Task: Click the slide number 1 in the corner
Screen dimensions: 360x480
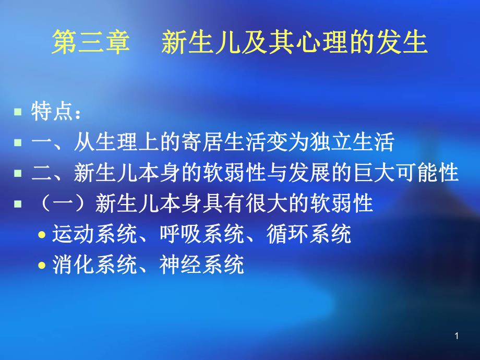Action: point(457,337)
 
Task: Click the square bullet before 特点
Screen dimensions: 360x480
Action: point(18,112)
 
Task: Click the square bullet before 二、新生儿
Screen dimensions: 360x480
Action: point(18,173)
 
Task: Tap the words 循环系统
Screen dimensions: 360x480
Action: point(309,235)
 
